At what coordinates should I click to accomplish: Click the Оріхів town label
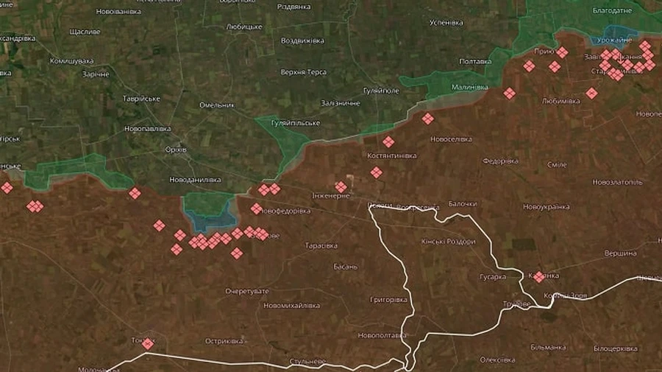pos(177,150)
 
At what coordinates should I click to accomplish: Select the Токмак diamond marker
pos(148,343)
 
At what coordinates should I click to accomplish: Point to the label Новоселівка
pos(451,138)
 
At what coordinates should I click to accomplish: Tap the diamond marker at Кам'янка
pos(538,277)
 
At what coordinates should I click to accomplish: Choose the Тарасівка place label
pos(321,245)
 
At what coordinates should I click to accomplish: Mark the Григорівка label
pos(389,300)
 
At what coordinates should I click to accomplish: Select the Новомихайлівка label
pos(292,305)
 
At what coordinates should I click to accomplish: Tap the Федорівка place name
pos(500,161)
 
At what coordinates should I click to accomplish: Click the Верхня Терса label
pos(303,72)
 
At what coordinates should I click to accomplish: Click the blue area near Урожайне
pos(616,38)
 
